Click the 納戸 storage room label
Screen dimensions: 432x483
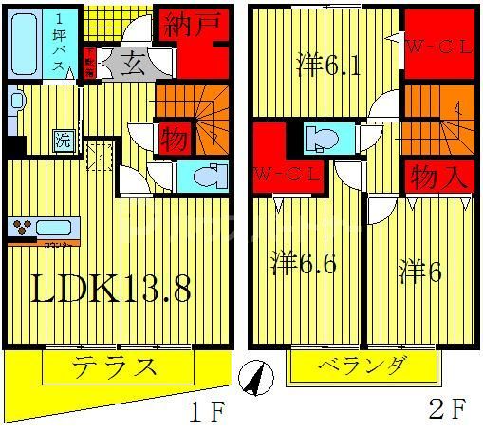point(195,26)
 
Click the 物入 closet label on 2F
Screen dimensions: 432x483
point(438,177)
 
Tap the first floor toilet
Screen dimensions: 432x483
point(205,176)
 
